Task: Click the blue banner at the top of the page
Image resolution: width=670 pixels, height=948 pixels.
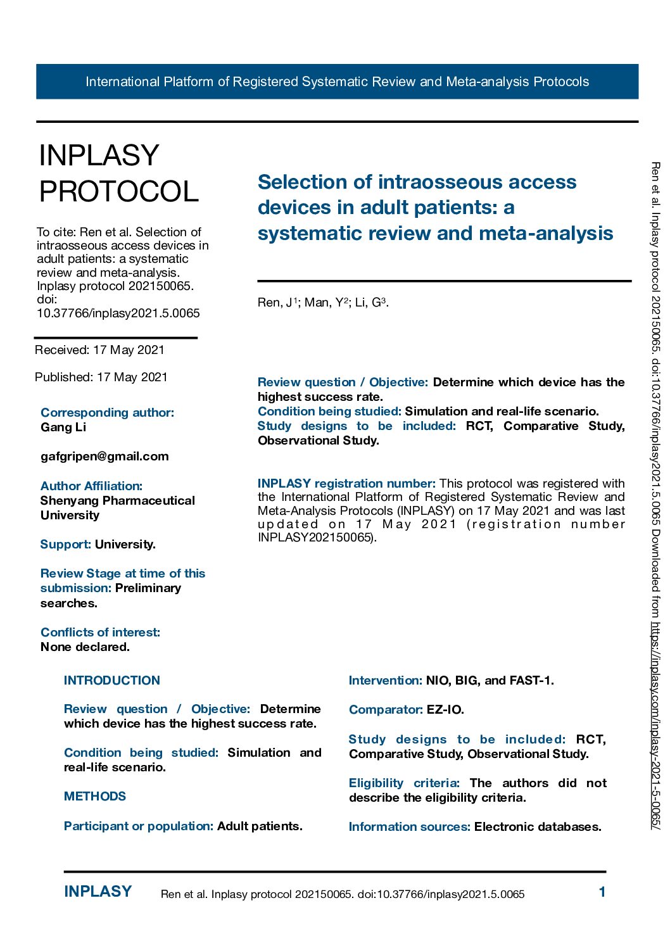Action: [337, 82]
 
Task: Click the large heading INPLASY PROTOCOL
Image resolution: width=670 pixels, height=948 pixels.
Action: [119, 174]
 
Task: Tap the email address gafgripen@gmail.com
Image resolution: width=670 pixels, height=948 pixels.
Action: [104, 457]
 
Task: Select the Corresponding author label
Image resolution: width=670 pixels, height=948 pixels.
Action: [107, 413]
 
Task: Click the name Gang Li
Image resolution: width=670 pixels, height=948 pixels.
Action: [63, 427]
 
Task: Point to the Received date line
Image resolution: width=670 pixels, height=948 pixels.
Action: [99, 350]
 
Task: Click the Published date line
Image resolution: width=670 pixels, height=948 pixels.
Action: [101, 377]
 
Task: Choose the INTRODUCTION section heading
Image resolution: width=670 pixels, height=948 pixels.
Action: [112, 681]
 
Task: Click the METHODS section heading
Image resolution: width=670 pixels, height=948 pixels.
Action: [95, 797]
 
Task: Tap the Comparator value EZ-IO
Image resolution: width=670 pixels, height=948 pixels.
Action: [445, 710]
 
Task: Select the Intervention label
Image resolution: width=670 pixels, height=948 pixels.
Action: [385, 681]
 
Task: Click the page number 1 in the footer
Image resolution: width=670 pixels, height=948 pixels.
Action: [602, 892]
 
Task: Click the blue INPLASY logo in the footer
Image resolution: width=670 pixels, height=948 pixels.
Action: [98, 892]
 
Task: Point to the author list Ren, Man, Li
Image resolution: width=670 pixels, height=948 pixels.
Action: [323, 303]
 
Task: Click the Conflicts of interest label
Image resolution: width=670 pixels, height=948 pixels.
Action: [100, 633]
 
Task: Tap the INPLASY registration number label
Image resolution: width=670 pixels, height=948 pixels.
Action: [346, 484]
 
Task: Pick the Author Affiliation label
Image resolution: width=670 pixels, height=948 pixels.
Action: [91, 486]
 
